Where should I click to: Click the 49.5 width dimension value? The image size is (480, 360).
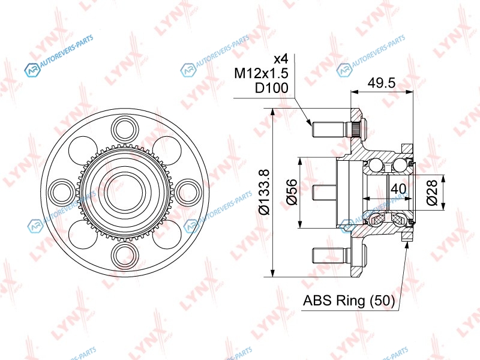(x=382, y=83)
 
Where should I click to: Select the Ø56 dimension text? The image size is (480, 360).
(x=292, y=192)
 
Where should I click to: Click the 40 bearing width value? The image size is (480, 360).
(x=398, y=188)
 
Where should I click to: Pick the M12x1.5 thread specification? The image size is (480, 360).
(x=262, y=73)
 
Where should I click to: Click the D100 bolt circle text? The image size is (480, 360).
(x=272, y=88)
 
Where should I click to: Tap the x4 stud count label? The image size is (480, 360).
(x=281, y=58)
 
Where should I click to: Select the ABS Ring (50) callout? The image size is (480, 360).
(x=349, y=301)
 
